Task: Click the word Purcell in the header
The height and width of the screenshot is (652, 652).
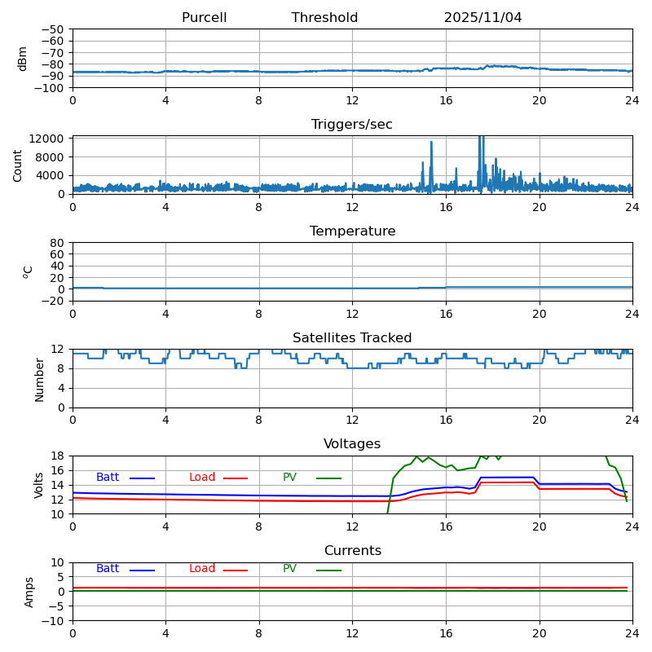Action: (204, 18)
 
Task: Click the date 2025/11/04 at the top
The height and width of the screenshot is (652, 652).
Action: (482, 18)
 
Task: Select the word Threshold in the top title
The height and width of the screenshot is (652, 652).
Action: (324, 18)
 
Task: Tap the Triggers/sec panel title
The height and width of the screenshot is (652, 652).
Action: (352, 125)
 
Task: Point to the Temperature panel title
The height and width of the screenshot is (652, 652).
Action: (352, 231)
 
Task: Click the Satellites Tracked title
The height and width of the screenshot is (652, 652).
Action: (352, 338)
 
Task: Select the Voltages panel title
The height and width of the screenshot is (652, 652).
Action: (352, 444)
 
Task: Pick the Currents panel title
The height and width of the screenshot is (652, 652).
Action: (352, 551)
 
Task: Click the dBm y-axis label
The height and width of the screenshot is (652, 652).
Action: (23, 58)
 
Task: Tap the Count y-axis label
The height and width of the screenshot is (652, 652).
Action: (18, 165)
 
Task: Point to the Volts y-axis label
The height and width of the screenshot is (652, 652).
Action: (39, 485)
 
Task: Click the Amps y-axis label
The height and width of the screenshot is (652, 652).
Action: (29, 592)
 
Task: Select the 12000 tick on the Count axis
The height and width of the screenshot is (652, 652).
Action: (48, 139)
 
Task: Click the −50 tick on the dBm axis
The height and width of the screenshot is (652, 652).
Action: (51, 29)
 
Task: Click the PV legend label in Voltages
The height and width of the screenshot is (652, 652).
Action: (289, 478)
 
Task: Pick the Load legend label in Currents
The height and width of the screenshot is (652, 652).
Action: (202, 569)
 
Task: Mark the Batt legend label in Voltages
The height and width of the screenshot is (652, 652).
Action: (108, 478)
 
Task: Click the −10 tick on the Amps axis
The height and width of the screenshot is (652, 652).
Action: (51, 621)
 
